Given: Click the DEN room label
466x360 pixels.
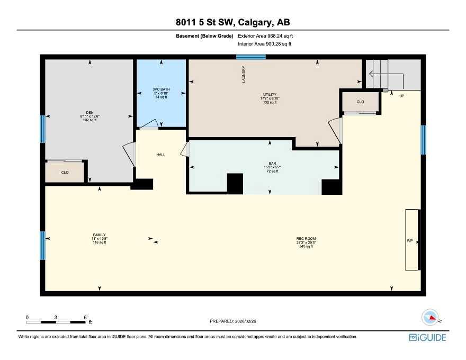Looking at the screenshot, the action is [89, 113].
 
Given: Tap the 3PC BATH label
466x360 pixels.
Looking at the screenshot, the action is [161, 89].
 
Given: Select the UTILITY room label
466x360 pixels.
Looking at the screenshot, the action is [270, 94].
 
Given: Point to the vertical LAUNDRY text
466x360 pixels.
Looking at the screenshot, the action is [244, 74].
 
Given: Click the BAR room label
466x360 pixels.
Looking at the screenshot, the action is [272, 164].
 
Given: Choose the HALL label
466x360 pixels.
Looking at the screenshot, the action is [161, 155].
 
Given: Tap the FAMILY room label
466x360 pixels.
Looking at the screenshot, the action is [99, 235].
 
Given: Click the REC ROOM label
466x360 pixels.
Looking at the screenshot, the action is [306, 239].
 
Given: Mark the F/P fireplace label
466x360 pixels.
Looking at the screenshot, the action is [410, 240].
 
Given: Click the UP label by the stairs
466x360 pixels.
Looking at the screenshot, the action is [402, 96].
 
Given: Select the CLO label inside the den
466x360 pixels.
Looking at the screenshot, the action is [65, 172].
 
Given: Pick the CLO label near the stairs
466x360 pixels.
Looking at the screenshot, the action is [360, 102].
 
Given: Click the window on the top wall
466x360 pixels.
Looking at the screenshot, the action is [251, 57].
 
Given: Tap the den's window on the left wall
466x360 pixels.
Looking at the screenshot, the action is [43, 129].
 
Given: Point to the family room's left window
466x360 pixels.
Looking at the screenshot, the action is [43, 246].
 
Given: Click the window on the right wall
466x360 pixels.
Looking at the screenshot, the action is [423, 140].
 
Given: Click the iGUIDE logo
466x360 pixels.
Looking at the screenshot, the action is [427, 337].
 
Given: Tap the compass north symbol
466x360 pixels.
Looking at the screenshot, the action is [431, 318].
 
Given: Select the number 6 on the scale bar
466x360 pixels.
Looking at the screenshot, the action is [85, 318].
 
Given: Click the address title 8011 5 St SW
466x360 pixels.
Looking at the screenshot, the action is [205, 22].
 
